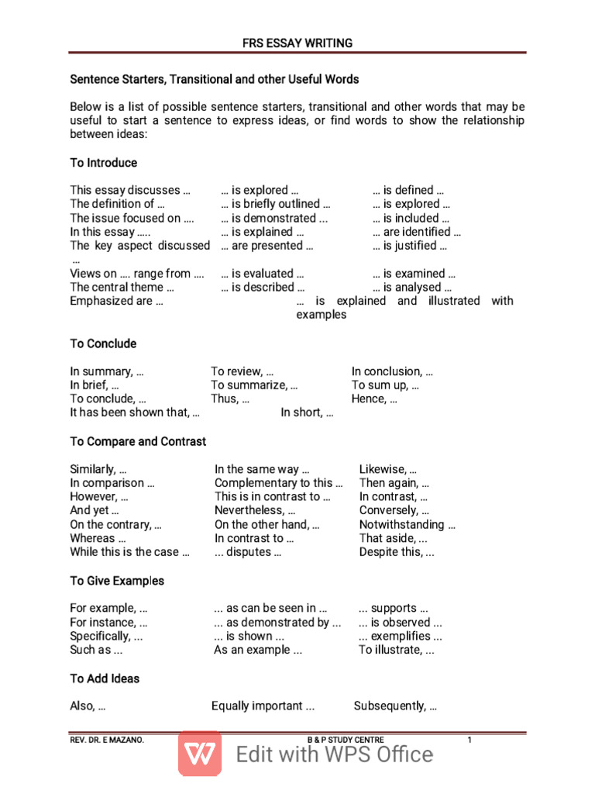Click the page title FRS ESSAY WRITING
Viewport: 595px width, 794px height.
click(297, 43)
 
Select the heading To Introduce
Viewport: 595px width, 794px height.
click(104, 163)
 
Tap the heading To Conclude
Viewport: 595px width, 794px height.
click(103, 343)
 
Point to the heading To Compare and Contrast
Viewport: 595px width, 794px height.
click(138, 441)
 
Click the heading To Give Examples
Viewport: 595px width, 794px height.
click(117, 581)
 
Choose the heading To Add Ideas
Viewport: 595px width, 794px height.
click(105, 678)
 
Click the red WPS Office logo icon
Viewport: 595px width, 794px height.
click(200, 754)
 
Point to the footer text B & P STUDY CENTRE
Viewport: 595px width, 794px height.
click(346, 740)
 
